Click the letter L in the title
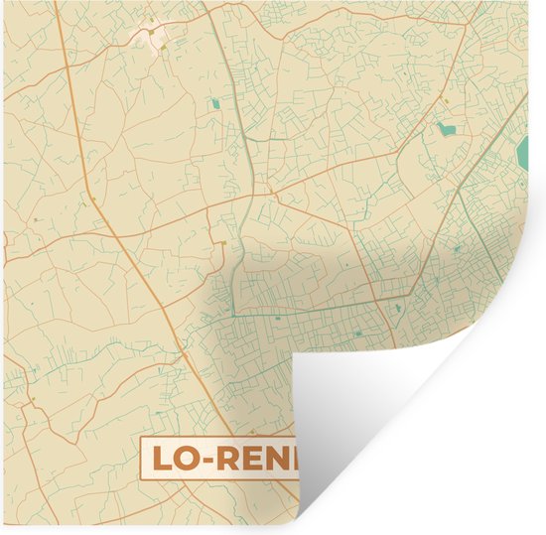click(x=162, y=459)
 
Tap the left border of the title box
click(x=142, y=459)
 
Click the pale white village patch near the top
click(x=151, y=38)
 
